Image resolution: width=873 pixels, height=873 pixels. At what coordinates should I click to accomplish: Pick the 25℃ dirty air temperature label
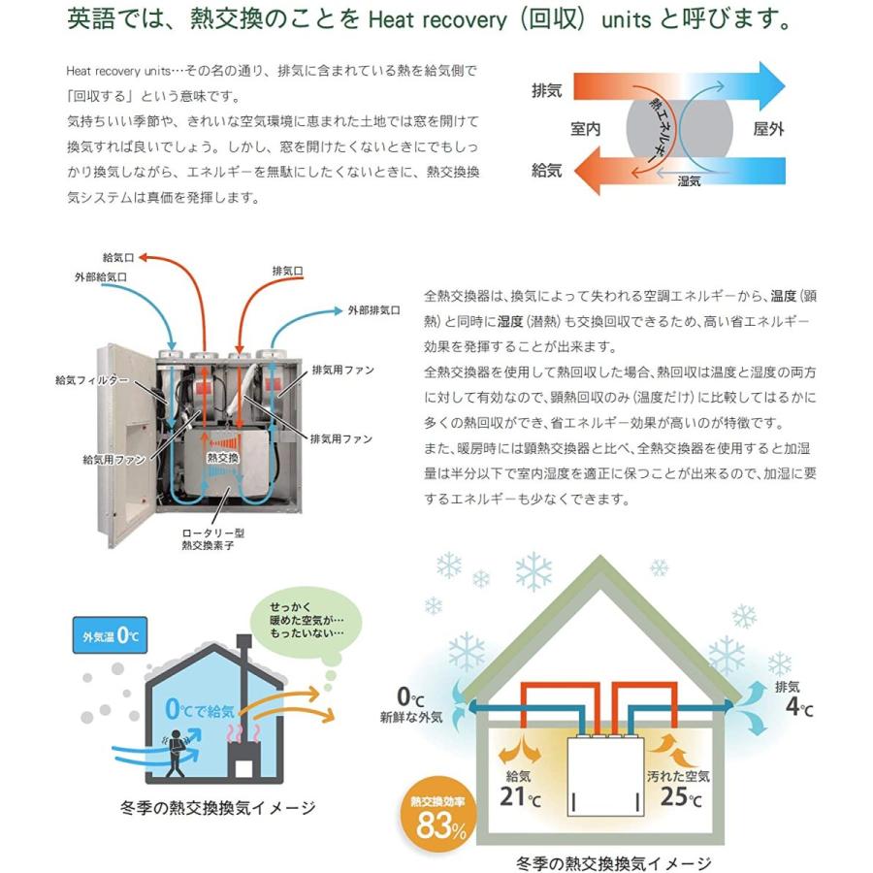point(678,788)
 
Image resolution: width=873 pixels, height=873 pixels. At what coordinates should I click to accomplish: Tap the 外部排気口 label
point(374,310)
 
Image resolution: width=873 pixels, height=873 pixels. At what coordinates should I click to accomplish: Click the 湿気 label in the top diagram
point(689,181)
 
